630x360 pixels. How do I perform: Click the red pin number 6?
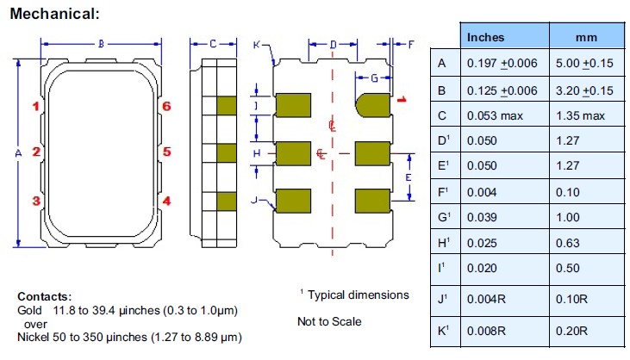[167, 106]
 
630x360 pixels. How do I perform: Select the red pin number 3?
[36, 201]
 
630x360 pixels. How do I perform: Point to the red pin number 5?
[167, 152]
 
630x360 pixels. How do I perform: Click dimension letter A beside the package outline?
[18, 152]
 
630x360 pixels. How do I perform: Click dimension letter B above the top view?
[101, 43]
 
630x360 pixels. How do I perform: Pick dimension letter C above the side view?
[211, 43]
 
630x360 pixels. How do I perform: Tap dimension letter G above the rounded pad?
[373, 78]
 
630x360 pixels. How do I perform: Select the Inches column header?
[485, 37]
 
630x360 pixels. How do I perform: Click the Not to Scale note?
[329, 322]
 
